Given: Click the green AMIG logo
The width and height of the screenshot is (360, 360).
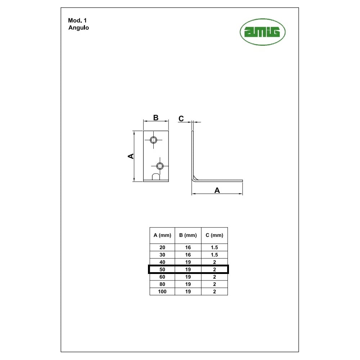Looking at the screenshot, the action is coord(262,32).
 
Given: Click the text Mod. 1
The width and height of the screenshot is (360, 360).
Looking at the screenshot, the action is coord(77,21).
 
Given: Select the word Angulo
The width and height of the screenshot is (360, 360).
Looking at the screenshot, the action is coord(78,28).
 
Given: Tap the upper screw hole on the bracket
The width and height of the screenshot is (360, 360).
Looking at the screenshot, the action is coord(153,140).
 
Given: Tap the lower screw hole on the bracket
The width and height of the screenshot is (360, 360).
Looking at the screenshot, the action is coord(160,166).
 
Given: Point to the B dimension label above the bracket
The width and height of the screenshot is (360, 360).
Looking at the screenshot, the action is coord(156,118).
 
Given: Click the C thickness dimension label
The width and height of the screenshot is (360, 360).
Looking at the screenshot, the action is coord(181,119).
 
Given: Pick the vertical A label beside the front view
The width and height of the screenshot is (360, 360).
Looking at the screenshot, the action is coord(131,156).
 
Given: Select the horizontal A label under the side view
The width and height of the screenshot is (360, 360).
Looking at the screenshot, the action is coord(217,190).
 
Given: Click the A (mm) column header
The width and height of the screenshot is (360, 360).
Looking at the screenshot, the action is coord(162,235).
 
